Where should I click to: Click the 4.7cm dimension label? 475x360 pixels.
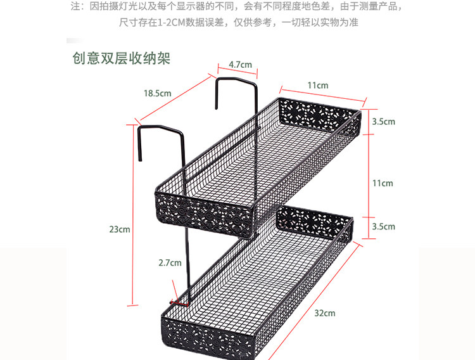click(x=240, y=65)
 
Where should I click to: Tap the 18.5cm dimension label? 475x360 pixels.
click(x=157, y=93)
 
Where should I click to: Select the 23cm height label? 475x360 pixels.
click(x=119, y=229)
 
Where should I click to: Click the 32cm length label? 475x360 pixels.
click(x=325, y=313)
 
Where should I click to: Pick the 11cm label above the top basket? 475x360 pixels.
click(x=318, y=86)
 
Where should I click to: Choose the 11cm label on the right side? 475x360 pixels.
click(x=382, y=183)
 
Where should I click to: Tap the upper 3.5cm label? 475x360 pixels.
click(x=383, y=122)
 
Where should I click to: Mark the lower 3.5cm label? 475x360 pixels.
click(x=383, y=226)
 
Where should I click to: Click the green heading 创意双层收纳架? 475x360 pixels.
click(x=122, y=58)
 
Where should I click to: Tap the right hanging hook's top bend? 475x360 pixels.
click(x=236, y=80)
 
